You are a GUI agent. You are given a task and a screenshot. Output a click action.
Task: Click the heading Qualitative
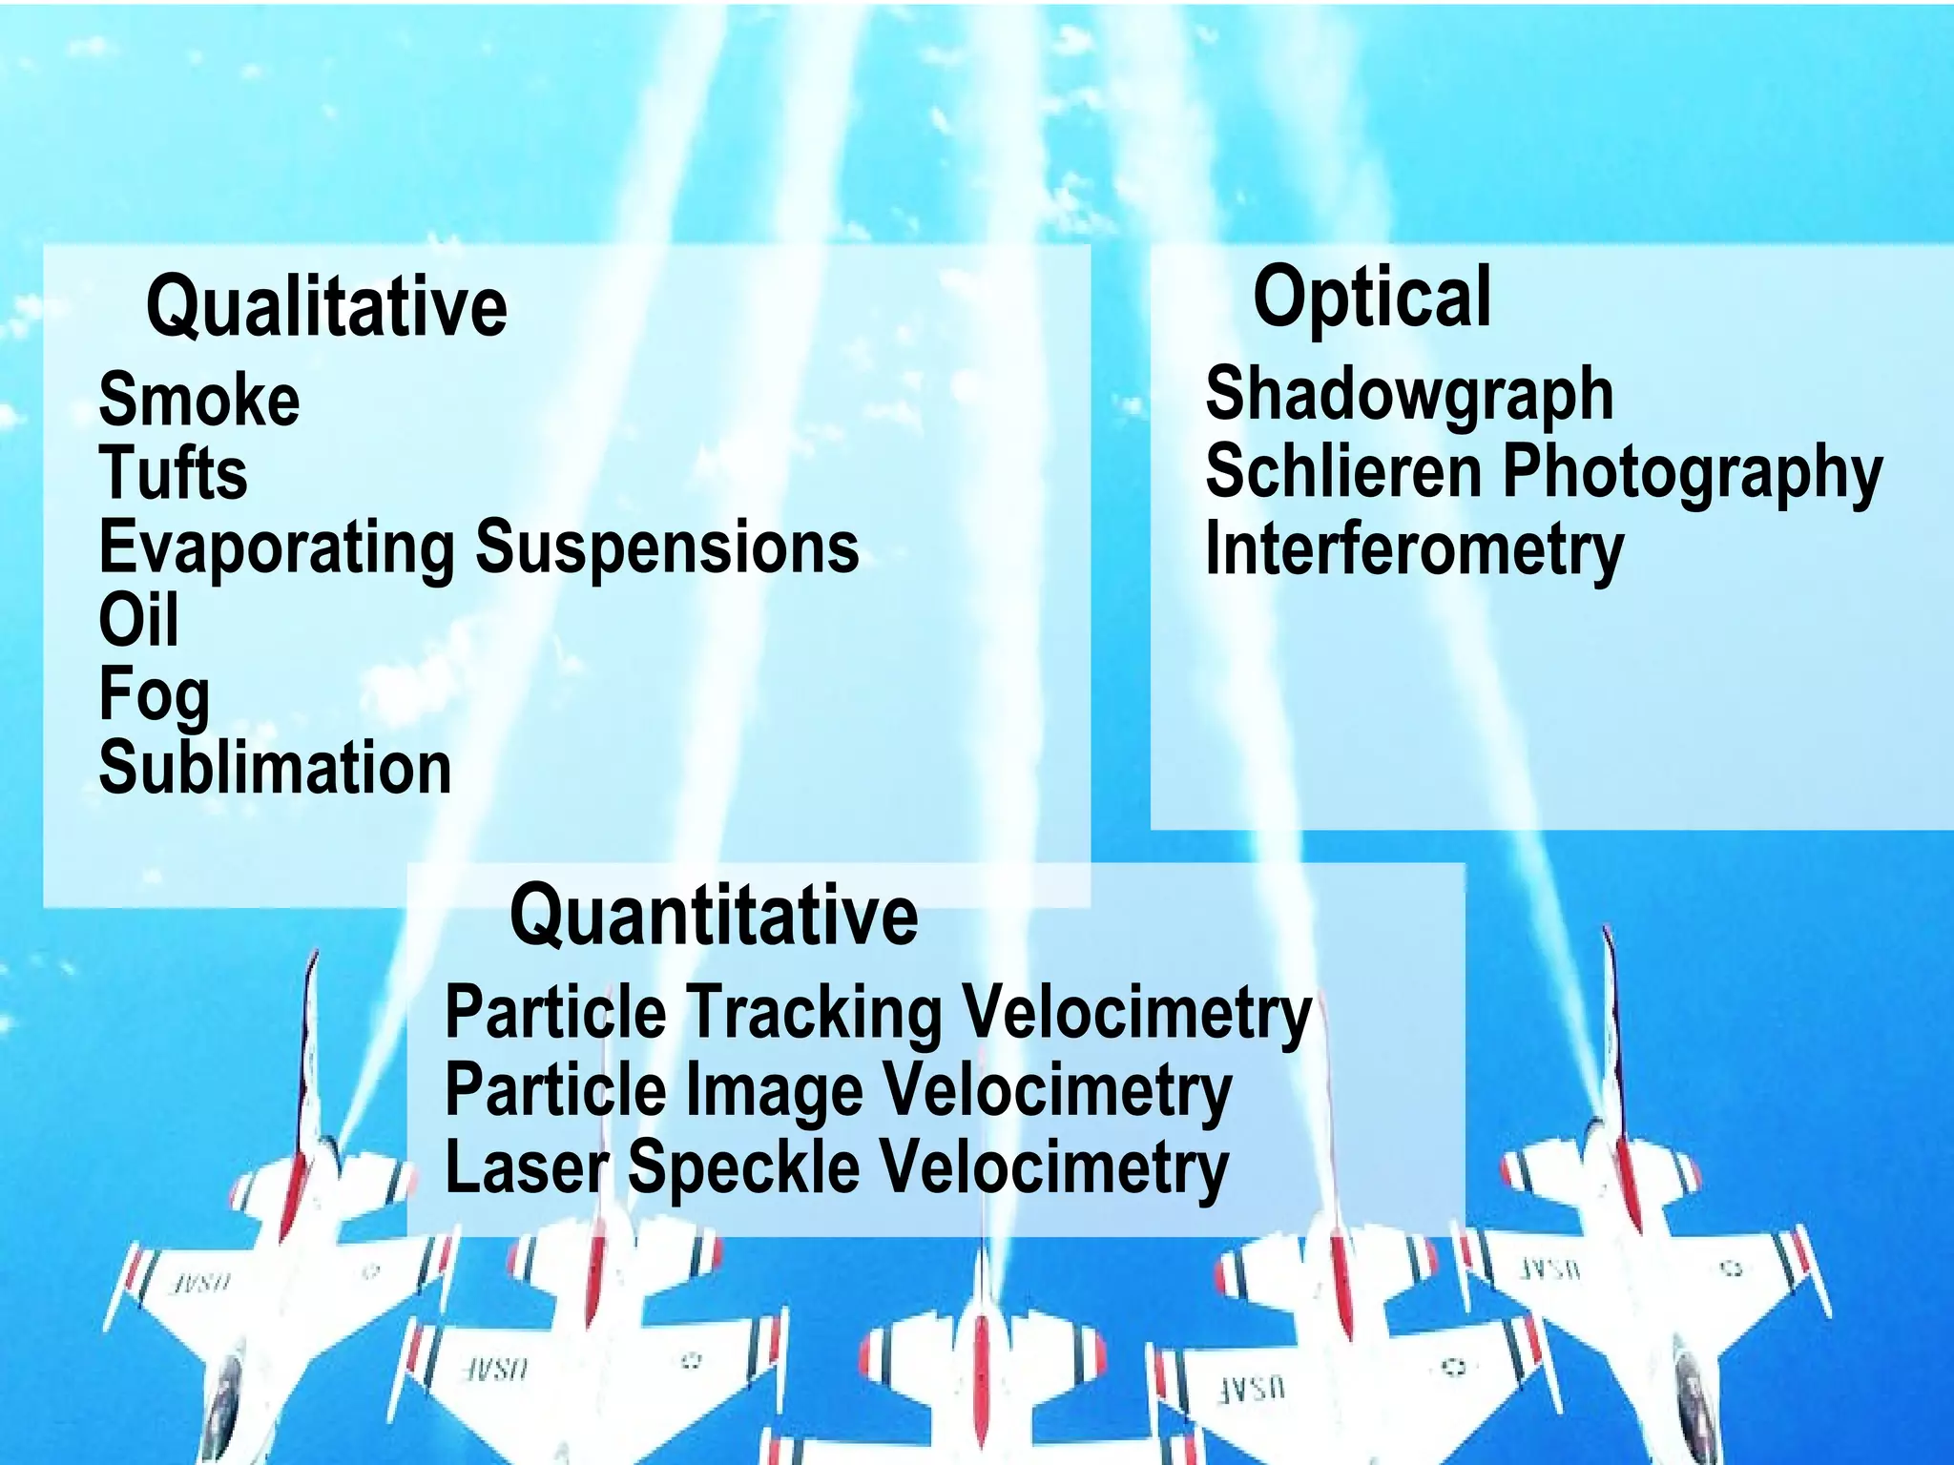[326, 307]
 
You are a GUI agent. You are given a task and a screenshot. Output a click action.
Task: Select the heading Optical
[1371, 299]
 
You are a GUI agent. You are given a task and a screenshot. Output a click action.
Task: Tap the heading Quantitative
[714, 916]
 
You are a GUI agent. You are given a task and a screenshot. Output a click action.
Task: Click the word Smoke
[199, 400]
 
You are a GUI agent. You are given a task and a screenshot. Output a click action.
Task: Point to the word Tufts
[174, 473]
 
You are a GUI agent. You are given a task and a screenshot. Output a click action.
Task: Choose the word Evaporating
[278, 548]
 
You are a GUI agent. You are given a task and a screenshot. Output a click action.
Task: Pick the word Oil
[139, 621]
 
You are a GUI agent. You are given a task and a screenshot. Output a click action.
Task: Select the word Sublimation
[275, 769]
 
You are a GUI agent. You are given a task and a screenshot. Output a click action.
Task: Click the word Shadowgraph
[1409, 395]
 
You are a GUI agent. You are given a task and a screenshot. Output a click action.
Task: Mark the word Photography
[1692, 473]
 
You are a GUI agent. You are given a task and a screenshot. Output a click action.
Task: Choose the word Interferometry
[1414, 550]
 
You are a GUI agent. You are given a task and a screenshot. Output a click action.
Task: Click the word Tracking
[814, 1014]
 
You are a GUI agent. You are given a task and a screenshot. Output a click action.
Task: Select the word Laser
[527, 1167]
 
